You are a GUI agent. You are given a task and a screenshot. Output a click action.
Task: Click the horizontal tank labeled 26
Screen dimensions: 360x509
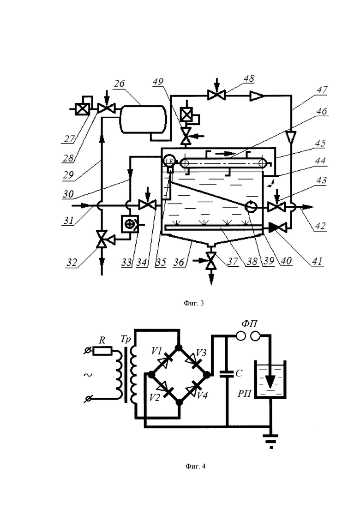143,119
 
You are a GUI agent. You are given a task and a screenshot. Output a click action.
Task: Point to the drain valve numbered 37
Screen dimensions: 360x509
211,260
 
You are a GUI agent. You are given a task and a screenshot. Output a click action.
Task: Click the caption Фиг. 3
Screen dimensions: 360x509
194,303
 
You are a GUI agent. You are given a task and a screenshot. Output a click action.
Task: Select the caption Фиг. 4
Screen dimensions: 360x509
195,467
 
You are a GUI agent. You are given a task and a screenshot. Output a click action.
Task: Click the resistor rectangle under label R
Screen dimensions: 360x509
102,351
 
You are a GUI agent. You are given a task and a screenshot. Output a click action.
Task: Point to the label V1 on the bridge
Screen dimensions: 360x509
157,351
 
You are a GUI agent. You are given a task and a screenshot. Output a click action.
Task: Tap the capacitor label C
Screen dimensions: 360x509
239,373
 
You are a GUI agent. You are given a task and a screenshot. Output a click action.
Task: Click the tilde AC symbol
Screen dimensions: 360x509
88,375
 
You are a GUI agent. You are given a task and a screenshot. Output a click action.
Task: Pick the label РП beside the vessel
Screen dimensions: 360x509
245,394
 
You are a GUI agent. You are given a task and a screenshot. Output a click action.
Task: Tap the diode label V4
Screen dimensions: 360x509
202,395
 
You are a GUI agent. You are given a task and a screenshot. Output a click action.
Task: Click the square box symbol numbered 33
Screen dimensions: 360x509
130,224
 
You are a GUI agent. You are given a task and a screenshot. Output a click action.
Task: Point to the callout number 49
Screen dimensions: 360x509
158,82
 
